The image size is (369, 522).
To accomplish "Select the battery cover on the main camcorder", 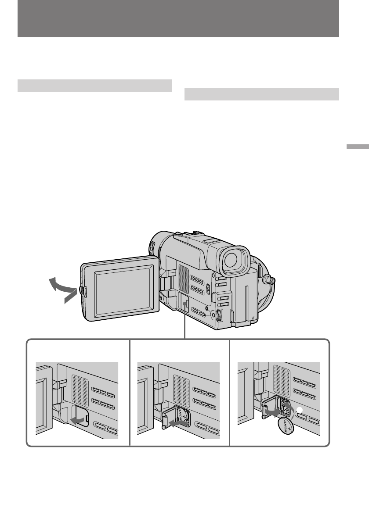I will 184,303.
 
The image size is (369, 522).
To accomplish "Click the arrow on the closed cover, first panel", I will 78,420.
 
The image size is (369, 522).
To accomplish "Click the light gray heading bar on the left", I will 94,86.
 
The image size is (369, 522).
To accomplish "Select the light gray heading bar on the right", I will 261,94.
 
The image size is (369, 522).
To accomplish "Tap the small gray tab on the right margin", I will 357,147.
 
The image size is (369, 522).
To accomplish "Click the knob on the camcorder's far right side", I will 272,279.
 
